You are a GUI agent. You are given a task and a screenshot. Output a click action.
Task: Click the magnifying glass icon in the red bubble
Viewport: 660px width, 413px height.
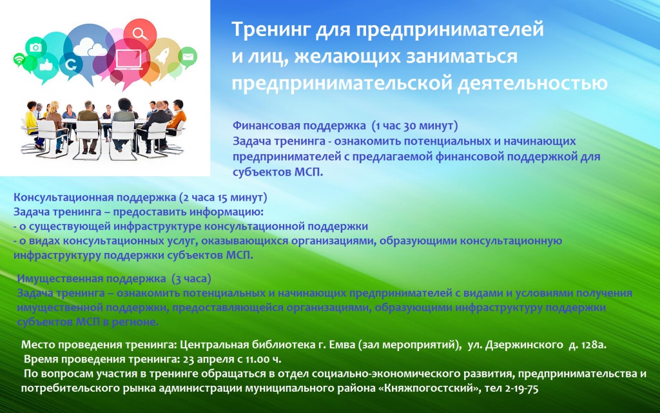[x=139, y=33]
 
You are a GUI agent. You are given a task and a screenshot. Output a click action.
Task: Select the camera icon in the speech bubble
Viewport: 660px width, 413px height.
[x=35, y=46]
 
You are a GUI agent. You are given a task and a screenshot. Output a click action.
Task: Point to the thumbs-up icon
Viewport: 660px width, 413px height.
[x=46, y=65]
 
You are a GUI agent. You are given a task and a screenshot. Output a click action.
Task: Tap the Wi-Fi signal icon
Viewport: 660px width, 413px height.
[x=19, y=59]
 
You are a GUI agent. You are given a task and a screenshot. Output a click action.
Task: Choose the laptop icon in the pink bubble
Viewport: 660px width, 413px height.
[x=128, y=59]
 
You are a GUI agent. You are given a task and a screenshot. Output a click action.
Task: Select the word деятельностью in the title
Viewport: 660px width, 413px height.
[x=532, y=83]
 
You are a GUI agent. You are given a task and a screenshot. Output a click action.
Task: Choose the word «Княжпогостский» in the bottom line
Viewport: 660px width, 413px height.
[x=430, y=388]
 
